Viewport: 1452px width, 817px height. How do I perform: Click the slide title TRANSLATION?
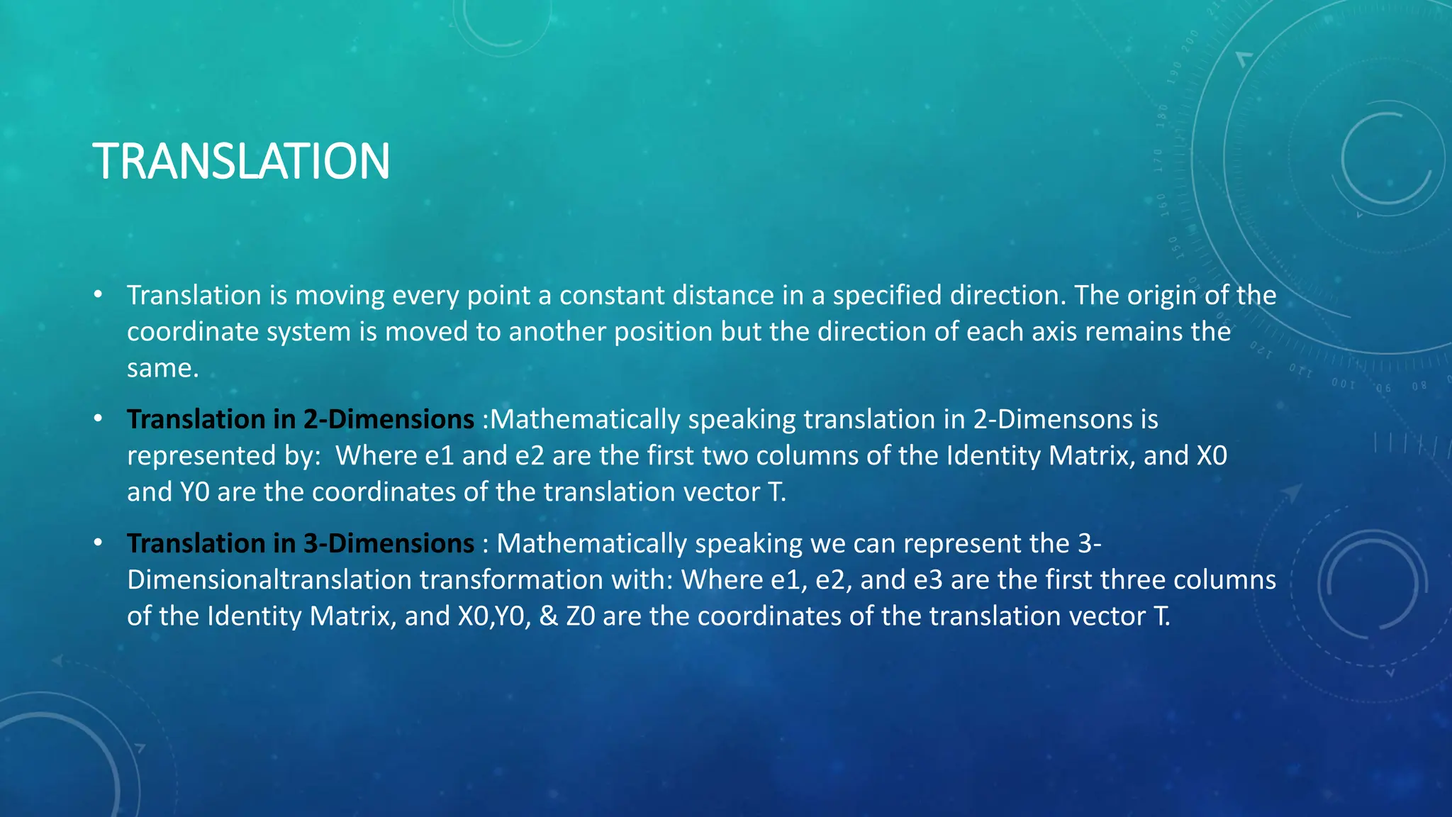[x=241, y=162]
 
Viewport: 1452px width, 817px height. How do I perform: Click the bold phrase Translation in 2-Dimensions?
[x=300, y=419]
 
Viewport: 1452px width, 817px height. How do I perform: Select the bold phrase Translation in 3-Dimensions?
[x=300, y=543]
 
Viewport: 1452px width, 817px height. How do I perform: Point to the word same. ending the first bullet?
[x=162, y=368]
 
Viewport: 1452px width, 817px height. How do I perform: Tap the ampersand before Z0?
[x=548, y=616]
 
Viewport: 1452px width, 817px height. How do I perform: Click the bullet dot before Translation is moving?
[x=98, y=294]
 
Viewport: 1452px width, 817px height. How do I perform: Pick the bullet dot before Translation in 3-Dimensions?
[x=98, y=543]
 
